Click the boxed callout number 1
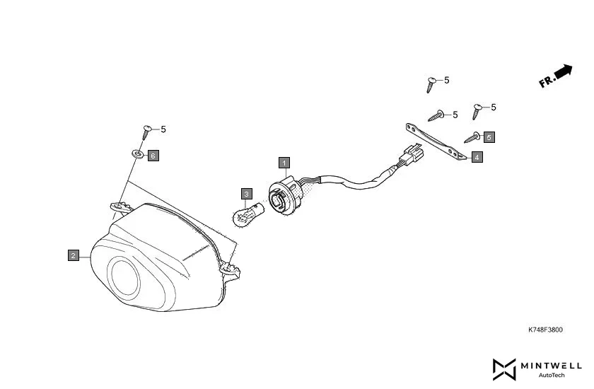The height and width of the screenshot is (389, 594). point(284,163)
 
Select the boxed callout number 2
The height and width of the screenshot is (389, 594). point(73,255)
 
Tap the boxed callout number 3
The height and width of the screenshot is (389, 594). point(246,193)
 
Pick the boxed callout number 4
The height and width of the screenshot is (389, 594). point(477,157)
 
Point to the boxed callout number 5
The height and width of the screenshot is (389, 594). point(489,137)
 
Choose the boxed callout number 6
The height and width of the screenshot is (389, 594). point(153,154)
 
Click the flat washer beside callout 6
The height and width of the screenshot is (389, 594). point(137,153)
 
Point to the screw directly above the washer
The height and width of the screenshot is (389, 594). point(147,131)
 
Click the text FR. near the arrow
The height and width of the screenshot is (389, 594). point(546,81)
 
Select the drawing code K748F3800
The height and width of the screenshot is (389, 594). point(545,330)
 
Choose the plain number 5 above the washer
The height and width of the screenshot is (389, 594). point(163,129)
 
